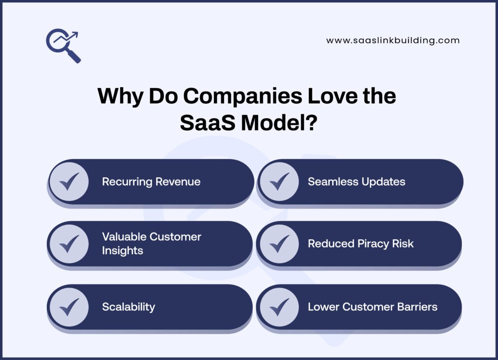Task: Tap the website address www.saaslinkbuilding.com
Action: pyautogui.click(x=392, y=41)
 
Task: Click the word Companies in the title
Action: pyautogui.click(x=242, y=96)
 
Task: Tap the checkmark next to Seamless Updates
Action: pyautogui.click(x=279, y=181)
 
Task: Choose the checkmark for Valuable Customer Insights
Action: pyautogui.click(x=69, y=244)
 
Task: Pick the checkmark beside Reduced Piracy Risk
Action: pyautogui.click(x=279, y=244)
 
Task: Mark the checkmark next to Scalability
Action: pyautogui.click(x=69, y=307)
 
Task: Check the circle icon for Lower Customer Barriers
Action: pyautogui.click(x=279, y=307)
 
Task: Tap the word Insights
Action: pyautogui.click(x=123, y=250)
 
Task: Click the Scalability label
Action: pyautogui.click(x=128, y=307)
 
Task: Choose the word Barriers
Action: pyautogui.click(x=416, y=307)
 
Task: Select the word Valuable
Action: pyautogui.click(x=124, y=237)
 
